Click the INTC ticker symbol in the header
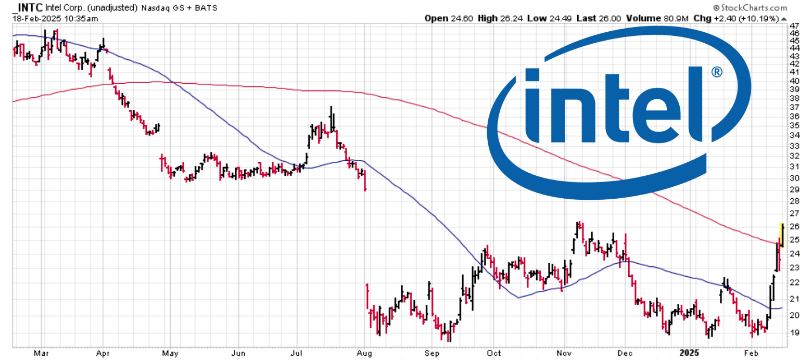click(x=27, y=8)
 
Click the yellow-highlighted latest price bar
click(x=782, y=235)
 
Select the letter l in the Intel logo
click(x=693, y=104)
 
